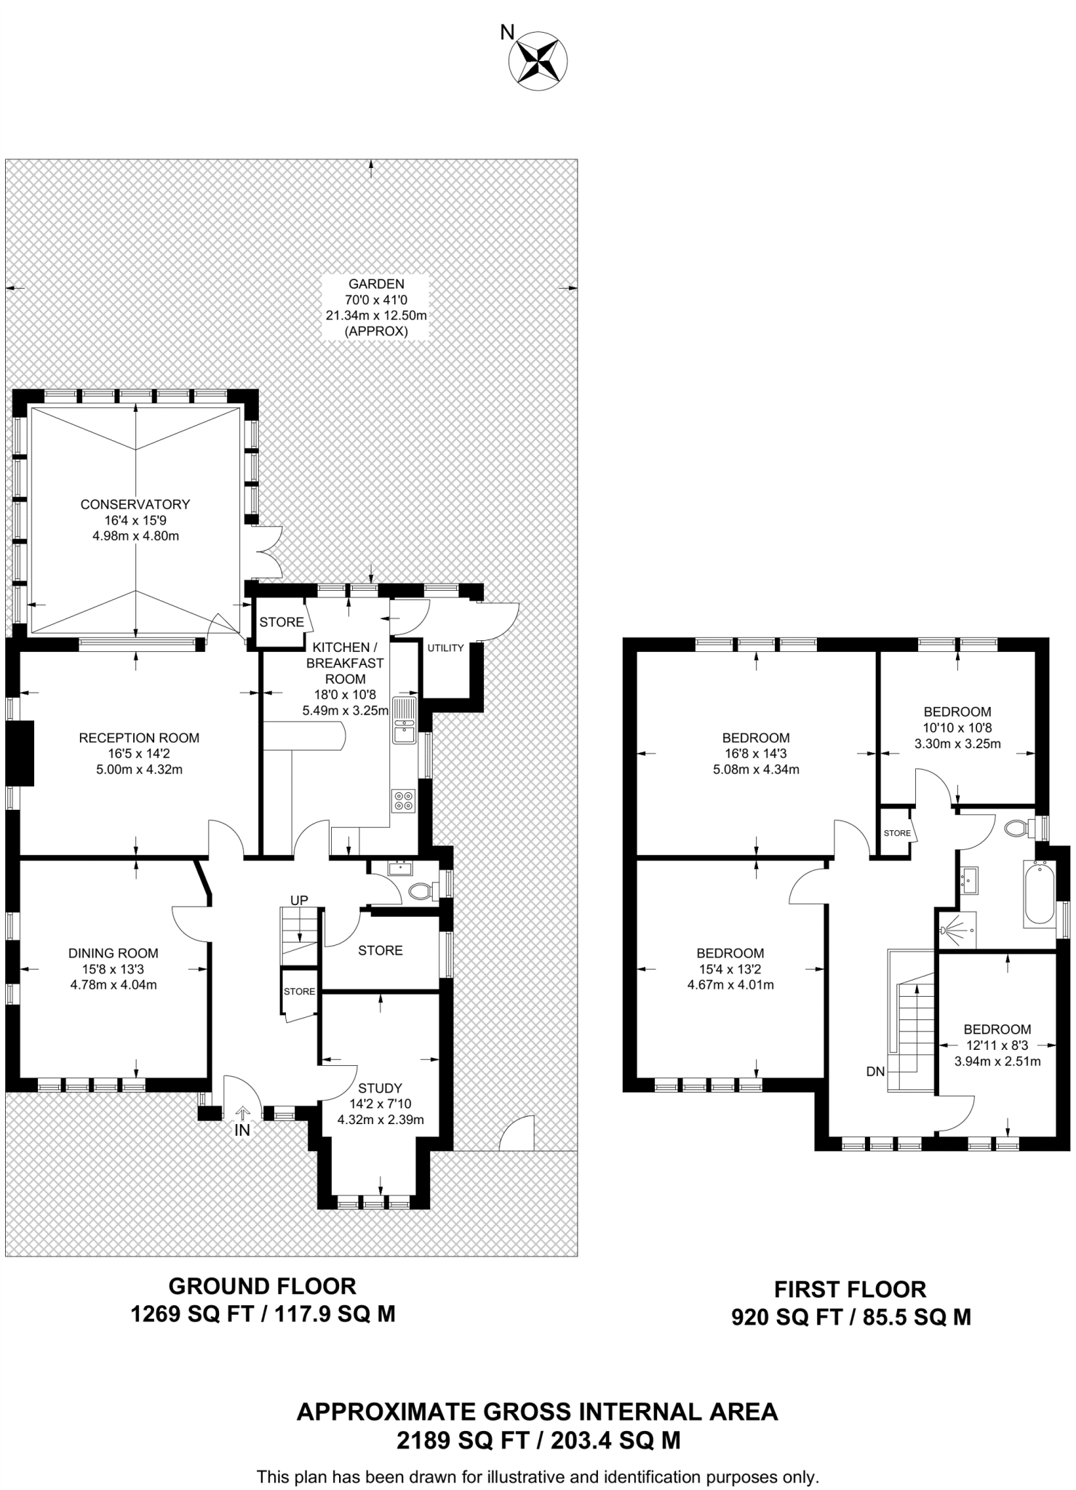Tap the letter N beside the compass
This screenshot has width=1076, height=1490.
coord(507,32)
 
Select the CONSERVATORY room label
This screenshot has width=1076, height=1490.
coord(135,504)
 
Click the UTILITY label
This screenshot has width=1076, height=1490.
coord(445,648)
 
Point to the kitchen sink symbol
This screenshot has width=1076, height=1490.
coord(404,721)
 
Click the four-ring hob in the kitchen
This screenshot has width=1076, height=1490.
coord(403,800)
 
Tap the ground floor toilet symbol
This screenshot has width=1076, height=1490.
coord(423,890)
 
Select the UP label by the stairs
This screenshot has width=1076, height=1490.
coord(300,901)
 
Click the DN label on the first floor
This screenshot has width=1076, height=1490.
coord(875,1072)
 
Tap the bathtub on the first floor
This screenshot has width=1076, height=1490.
coord(1038,893)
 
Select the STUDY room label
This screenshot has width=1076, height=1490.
coord(380,1088)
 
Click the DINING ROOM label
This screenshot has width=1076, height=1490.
coord(113,953)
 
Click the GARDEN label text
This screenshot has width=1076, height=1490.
coord(375,284)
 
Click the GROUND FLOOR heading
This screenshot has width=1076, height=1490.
coord(263,1286)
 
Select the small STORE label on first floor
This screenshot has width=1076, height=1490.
coord(897,833)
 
